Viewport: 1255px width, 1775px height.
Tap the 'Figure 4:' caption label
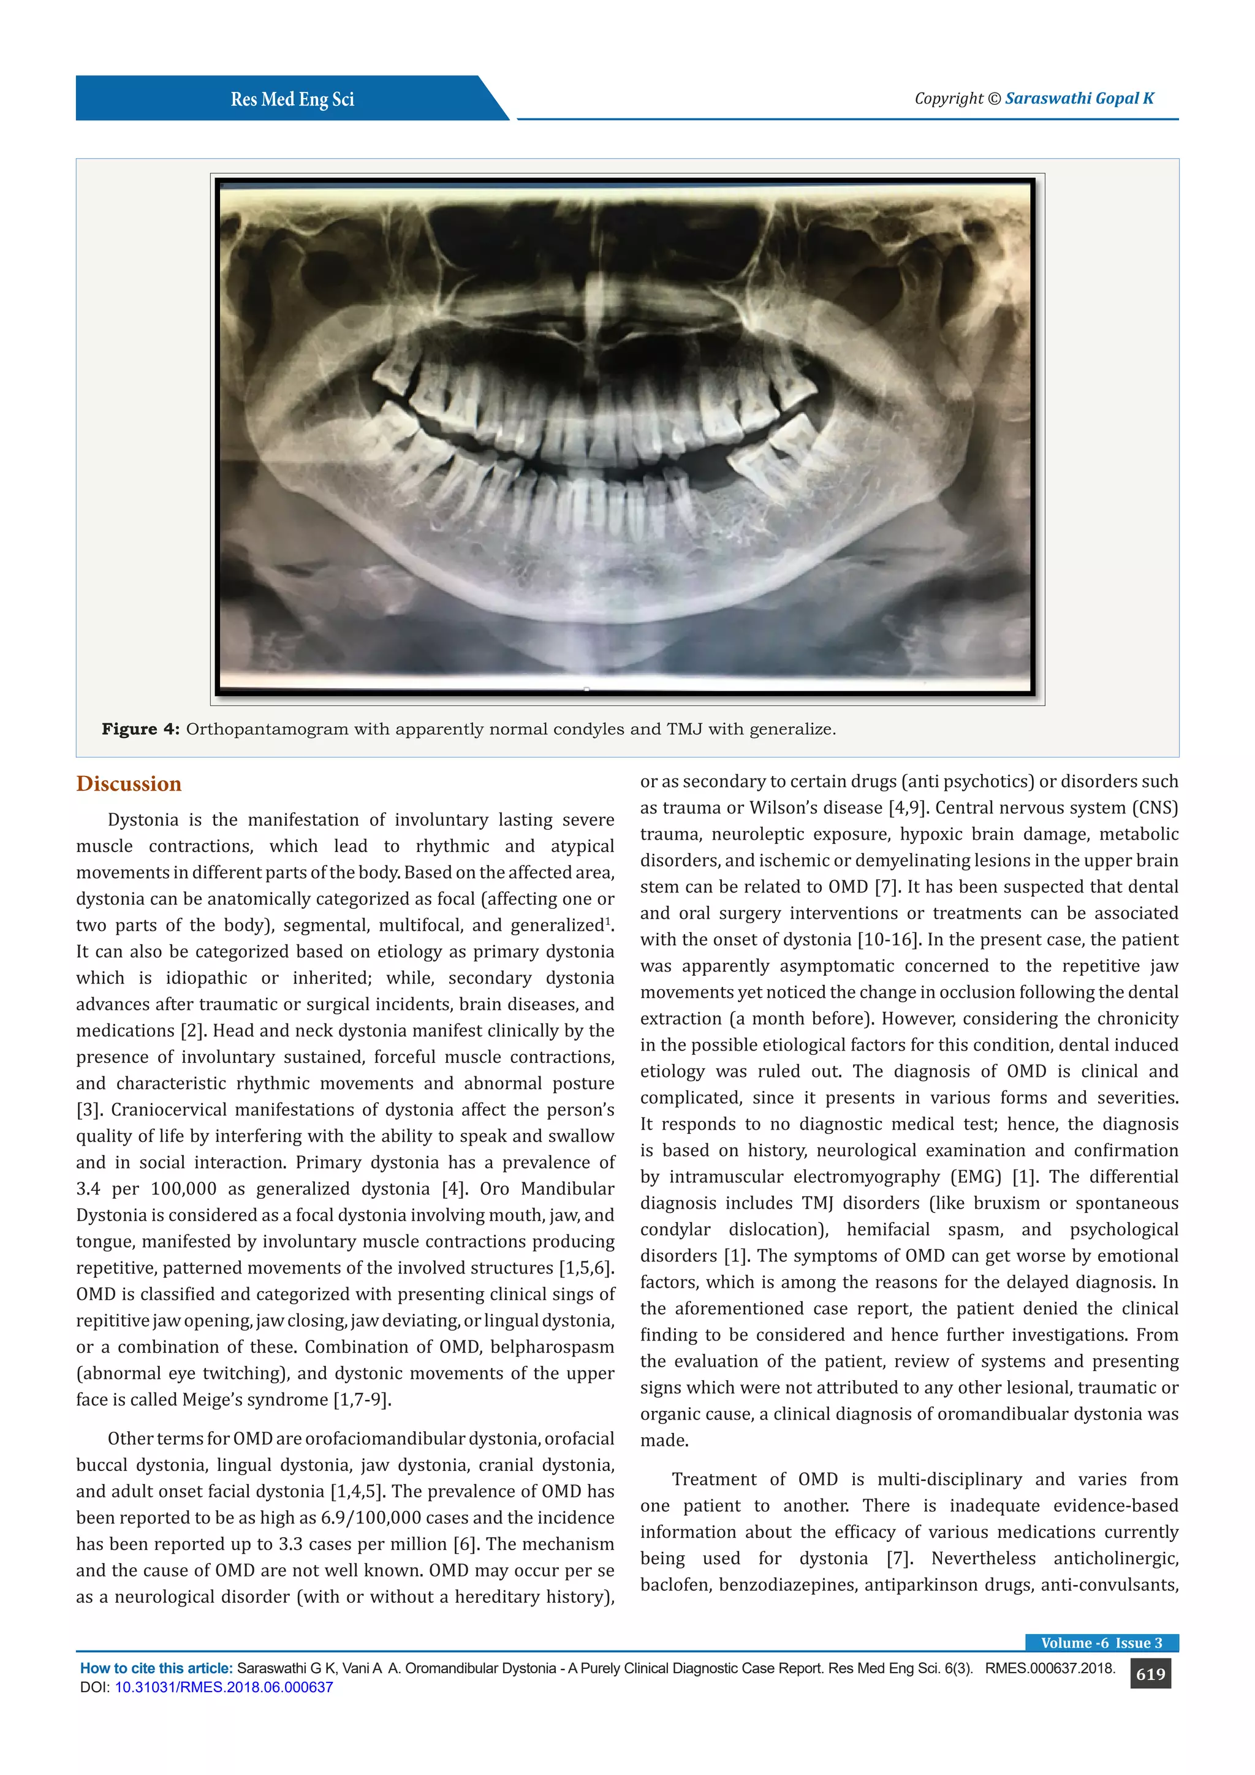click(x=141, y=729)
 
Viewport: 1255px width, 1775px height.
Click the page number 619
click(x=1150, y=1674)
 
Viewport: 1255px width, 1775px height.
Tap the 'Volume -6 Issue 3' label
click(x=1101, y=1643)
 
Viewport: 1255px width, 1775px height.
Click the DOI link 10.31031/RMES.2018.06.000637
click(x=223, y=1687)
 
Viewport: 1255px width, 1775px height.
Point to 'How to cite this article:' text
click(x=156, y=1668)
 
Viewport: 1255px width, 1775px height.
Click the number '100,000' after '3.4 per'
click(x=184, y=1189)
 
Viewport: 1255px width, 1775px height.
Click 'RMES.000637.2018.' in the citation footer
click(x=1050, y=1668)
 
